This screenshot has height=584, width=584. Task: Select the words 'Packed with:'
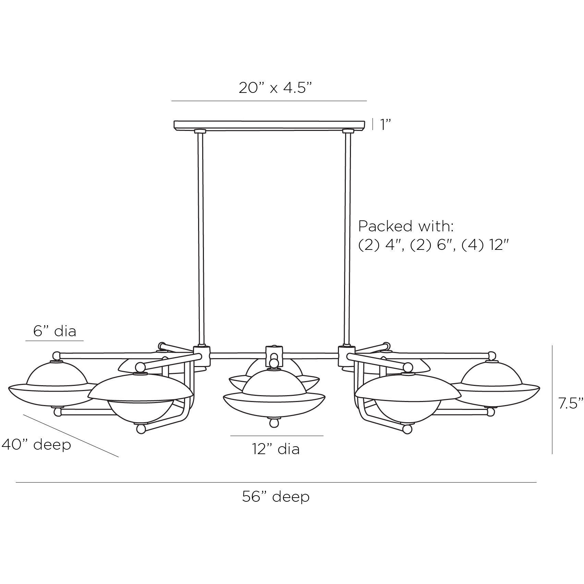pos(406,227)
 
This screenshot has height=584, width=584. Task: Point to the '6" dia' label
pos(55,331)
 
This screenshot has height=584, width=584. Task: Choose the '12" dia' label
pos(276,449)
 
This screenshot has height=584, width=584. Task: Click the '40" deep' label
pos(36,445)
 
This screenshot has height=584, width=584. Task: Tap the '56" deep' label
pos(276,497)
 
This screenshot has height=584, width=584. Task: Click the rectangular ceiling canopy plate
pos(269,124)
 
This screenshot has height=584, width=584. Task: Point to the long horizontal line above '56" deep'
pos(276,483)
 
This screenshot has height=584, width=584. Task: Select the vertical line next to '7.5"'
pos(552,399)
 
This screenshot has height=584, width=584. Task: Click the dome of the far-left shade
pos(56,374)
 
